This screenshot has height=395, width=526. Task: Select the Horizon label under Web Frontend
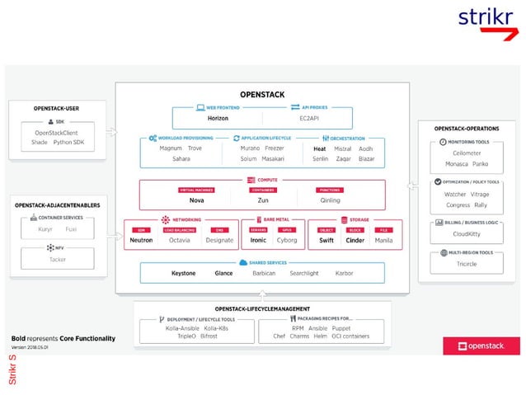218,118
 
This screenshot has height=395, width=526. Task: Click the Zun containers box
262,200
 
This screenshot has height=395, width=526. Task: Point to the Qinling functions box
330,200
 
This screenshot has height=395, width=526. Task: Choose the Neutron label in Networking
141,240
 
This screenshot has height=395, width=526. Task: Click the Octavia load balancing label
179,240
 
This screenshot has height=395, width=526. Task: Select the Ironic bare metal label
259,240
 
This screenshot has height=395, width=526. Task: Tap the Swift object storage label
326,240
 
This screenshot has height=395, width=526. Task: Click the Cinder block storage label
355,240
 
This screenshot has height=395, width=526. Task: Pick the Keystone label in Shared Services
183,273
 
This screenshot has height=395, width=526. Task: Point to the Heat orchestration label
320,148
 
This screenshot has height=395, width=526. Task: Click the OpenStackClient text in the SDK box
57,132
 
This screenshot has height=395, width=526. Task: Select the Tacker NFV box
57,259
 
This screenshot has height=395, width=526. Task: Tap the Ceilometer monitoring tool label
467,153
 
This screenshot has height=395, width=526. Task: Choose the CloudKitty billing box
467,233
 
